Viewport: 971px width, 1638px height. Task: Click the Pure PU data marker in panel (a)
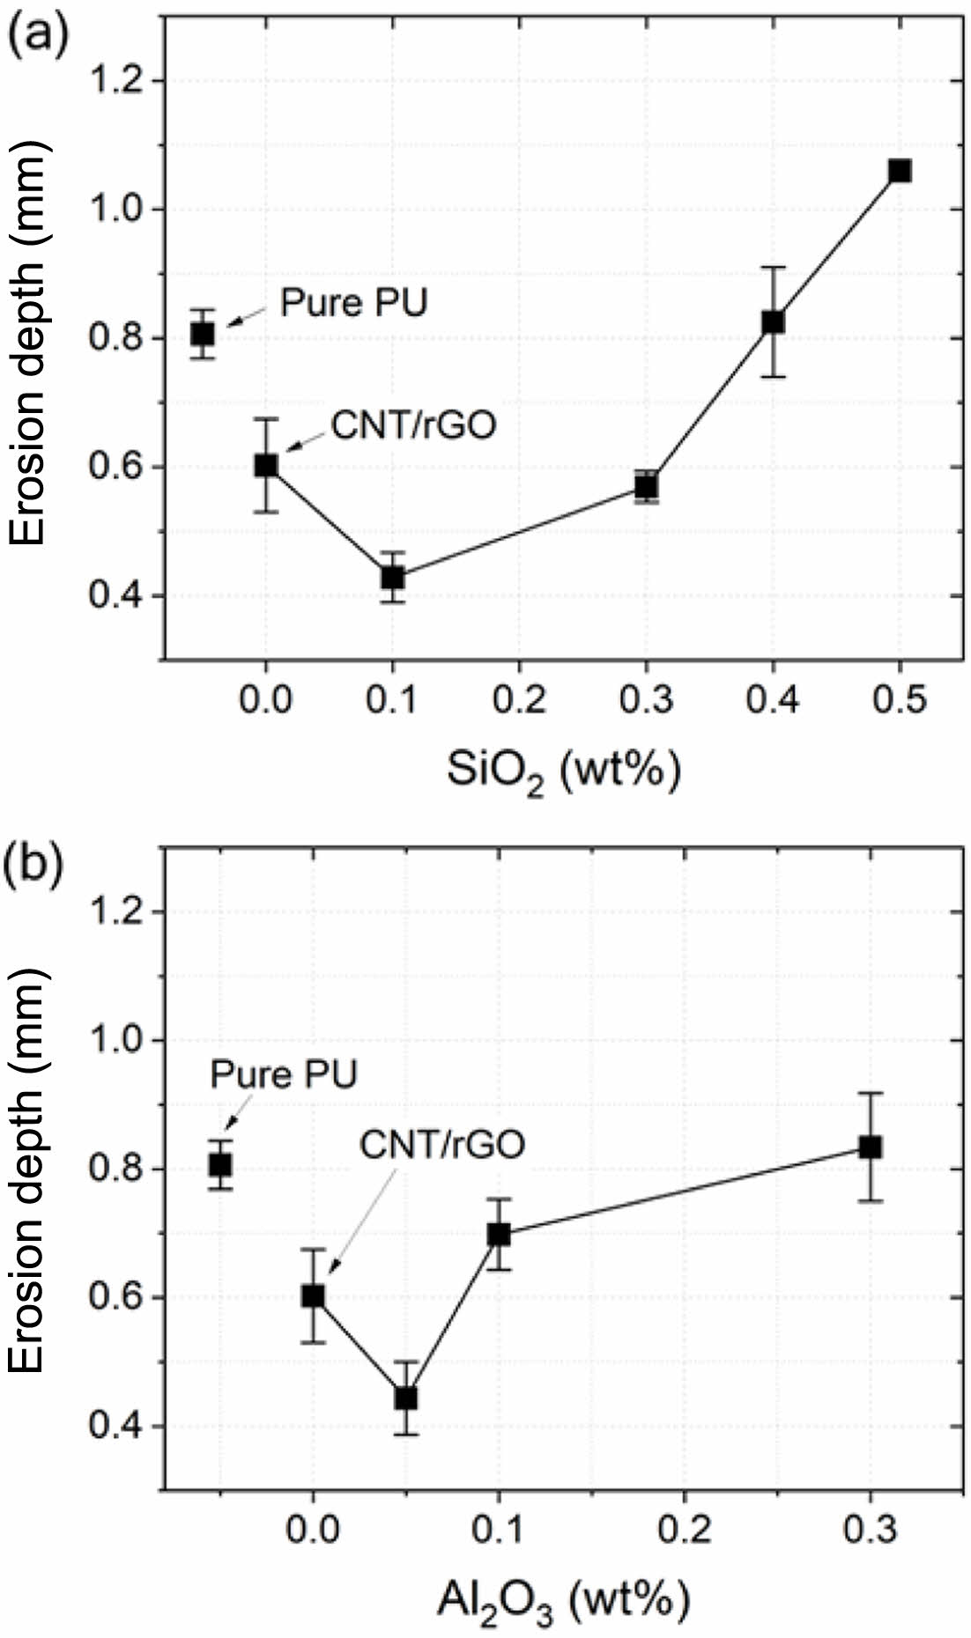204,334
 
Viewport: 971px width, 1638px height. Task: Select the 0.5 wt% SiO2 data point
900,171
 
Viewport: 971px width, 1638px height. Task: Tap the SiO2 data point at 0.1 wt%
392,578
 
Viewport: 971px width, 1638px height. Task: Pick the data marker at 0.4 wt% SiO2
773,321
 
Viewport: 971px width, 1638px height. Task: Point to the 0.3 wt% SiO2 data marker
647,487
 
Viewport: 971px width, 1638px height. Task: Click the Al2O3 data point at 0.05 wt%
405,1398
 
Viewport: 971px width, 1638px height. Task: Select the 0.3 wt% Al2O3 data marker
871,1147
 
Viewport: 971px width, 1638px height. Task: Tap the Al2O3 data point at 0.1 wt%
499,1234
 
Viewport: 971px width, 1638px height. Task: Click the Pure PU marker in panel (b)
220,1165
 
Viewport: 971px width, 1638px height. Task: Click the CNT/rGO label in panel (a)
413,425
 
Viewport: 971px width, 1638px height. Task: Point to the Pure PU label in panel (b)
284,1075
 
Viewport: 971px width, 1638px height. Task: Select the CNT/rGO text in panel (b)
442,1144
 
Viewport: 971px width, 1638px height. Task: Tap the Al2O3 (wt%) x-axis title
563,1600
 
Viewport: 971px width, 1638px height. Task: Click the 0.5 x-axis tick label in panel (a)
900,702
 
